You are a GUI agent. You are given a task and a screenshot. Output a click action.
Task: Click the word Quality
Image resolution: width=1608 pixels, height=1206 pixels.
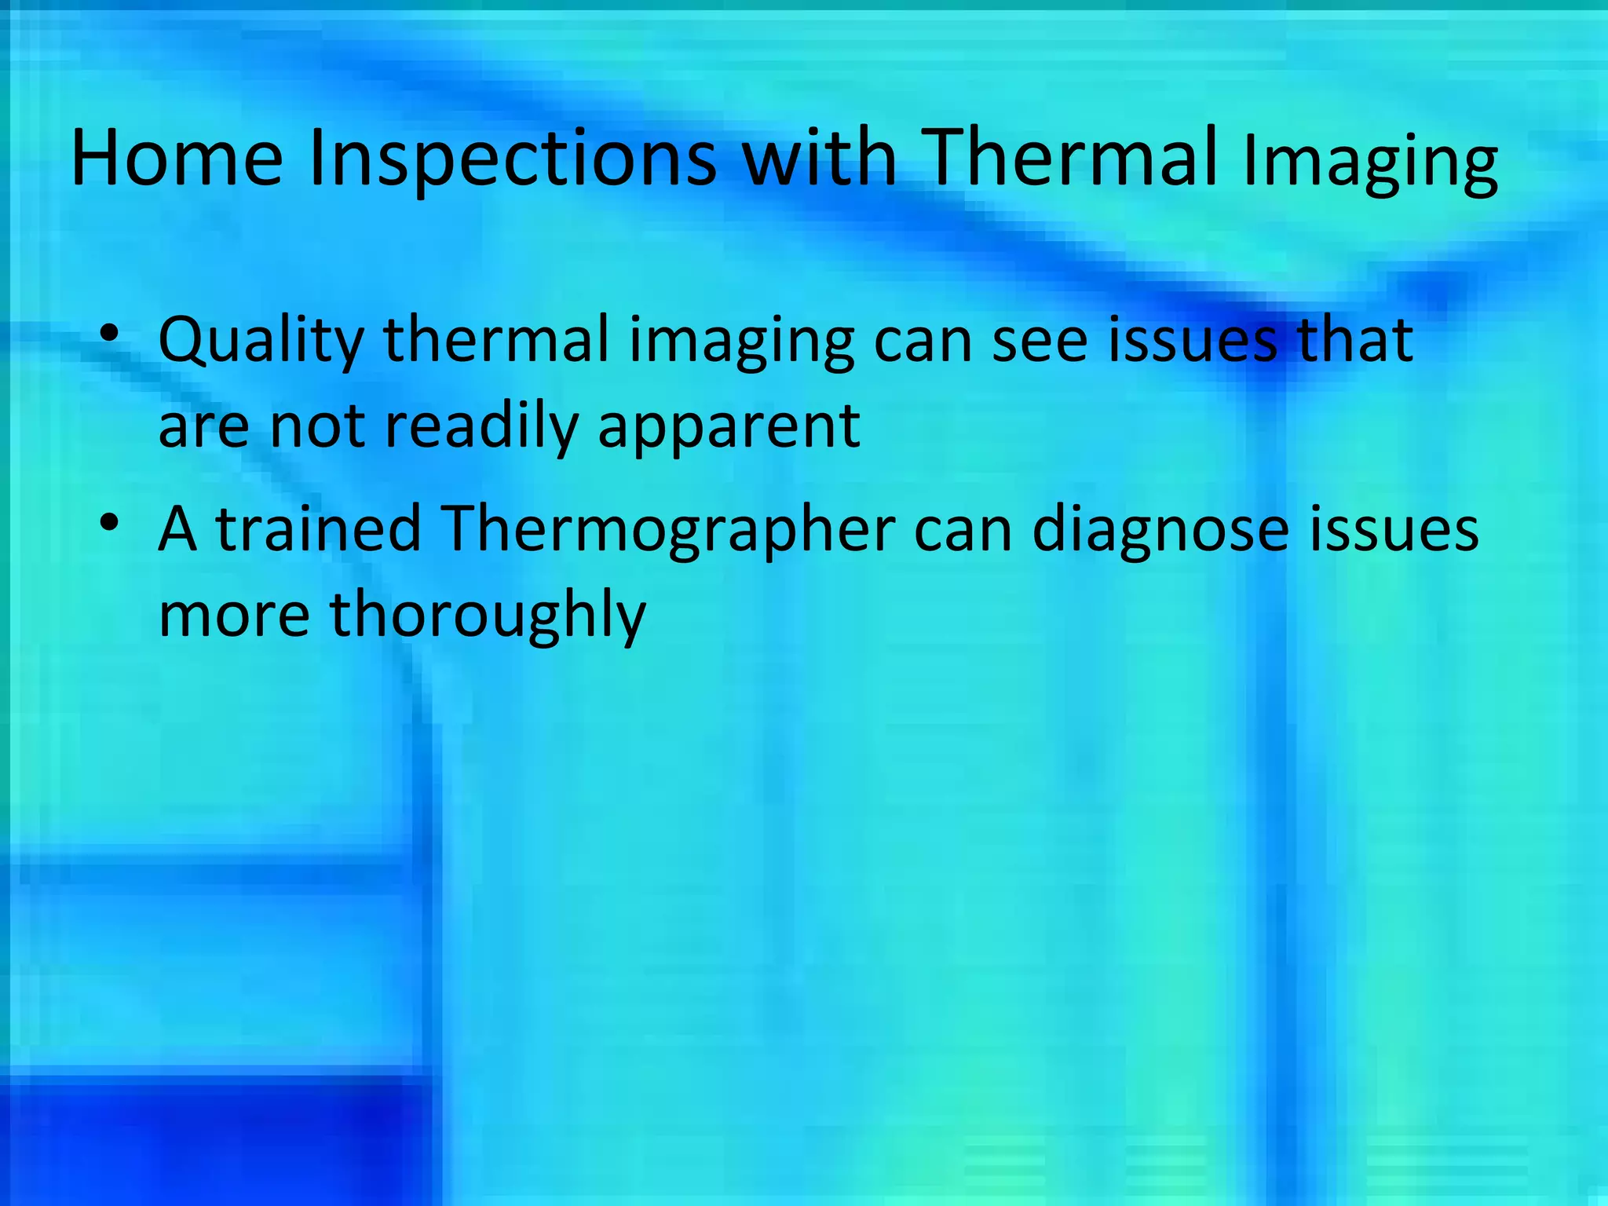261,342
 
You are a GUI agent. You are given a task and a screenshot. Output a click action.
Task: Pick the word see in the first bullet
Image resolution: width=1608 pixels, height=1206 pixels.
1040,340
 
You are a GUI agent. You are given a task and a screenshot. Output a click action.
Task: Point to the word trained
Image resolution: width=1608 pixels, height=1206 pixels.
319,528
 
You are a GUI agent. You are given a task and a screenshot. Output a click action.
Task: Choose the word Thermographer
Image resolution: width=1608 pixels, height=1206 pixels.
668,530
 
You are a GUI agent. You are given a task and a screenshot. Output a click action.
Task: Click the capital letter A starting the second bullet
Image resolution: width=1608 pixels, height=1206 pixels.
177,528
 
